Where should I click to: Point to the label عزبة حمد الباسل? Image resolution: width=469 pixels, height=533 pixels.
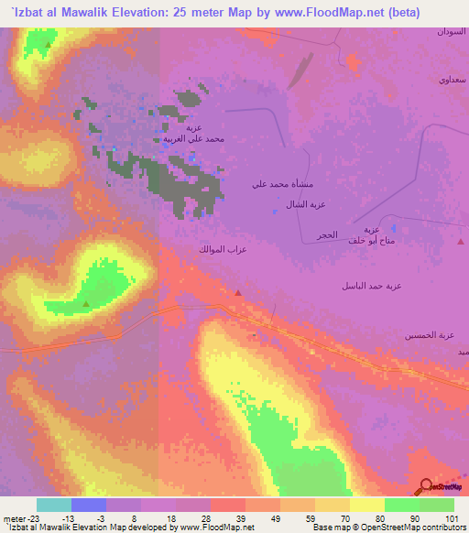pyautogui.click(x=370, y=286)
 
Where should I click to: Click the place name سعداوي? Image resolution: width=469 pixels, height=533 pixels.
pyautogui.click(x=452, y=81)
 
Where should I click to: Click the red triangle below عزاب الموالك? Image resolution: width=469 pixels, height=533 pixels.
pyautogui.click(x=238, y=293)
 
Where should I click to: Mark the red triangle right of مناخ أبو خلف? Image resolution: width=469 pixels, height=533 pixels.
pyautogui.click(x=460, y=243)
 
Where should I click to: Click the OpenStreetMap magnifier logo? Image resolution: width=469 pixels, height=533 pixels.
pyautogui.click(x=426, y=486)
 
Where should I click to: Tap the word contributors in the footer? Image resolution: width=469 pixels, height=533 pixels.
pyautogui.click(x=442, y=528)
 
